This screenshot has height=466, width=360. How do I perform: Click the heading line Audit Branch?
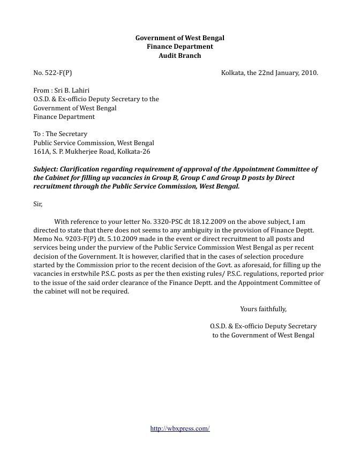180,56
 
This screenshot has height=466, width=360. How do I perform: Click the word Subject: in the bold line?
48,169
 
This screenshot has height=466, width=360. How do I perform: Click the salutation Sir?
37,204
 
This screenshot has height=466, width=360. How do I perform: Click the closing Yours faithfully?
263,309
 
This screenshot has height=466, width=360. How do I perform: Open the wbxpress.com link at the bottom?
180,429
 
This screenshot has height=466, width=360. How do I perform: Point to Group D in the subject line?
221,178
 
